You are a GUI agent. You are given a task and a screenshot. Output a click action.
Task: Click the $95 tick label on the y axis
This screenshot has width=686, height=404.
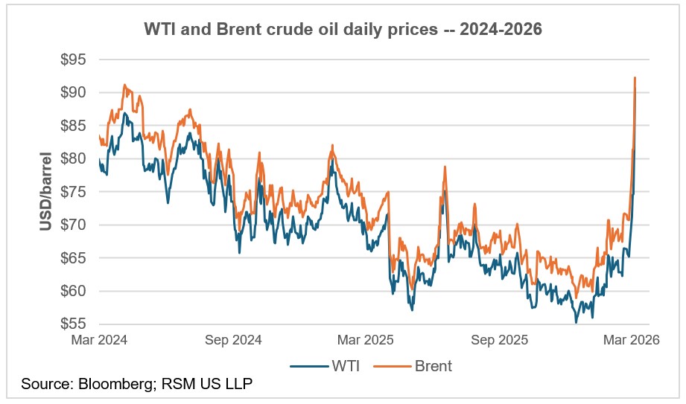73,60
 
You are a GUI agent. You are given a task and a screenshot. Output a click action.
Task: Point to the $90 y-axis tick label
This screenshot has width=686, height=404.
73,93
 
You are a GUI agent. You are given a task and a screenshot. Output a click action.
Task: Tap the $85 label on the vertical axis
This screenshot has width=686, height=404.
73,126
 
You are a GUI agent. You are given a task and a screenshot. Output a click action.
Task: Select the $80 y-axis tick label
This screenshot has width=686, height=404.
73,158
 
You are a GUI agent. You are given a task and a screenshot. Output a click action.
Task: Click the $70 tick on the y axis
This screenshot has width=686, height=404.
73,225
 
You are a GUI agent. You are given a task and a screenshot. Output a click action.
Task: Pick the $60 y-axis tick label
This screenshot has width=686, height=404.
73,291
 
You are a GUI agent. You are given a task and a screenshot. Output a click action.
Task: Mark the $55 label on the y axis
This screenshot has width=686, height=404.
73,324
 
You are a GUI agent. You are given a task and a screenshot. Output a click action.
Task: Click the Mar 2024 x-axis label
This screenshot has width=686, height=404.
99,340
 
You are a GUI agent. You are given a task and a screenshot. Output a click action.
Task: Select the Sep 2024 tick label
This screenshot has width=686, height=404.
233,340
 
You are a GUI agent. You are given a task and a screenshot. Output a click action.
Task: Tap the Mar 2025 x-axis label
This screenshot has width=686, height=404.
366,340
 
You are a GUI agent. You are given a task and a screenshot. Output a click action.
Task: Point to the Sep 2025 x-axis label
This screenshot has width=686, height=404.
500,340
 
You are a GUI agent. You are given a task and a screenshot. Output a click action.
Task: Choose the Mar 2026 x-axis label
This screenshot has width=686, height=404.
632,340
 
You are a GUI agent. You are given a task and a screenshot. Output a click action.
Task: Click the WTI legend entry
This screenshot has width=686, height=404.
325,366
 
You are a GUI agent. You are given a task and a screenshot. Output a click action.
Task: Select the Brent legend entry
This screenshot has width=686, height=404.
413,366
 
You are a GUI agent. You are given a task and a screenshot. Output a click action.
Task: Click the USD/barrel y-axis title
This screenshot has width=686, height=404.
45,191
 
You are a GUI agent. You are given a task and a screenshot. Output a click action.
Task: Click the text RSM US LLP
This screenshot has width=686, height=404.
207,384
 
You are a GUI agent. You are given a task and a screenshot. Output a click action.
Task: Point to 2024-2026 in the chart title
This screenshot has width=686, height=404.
501,29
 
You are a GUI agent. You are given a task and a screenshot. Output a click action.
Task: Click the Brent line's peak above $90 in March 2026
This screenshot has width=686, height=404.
635,78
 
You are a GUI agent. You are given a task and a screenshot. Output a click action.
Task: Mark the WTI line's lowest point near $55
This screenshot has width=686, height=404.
576,323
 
